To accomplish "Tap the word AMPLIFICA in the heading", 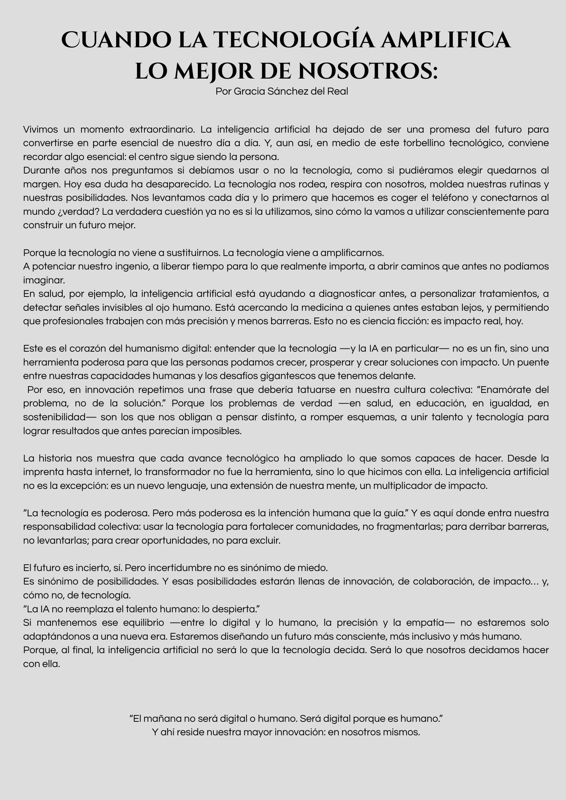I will (446, 40).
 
